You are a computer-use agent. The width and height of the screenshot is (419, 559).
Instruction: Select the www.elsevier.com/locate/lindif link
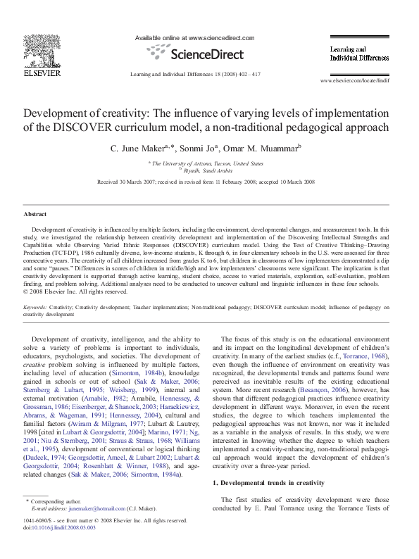[x=364, y=82]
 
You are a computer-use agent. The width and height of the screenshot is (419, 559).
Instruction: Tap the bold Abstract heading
[x=35, y=213]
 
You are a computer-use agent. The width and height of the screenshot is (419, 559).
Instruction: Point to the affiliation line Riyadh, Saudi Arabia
[x=209, y=170]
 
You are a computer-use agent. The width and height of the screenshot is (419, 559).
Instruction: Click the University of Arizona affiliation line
[x=210, y=163]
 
